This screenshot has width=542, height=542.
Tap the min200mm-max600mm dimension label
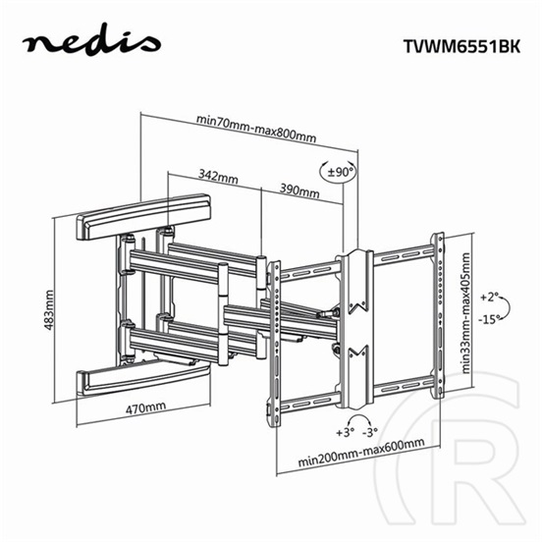pyautogui.click(x=363, y=444)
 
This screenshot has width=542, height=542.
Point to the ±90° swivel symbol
pyautogui.click(x=337, y=173)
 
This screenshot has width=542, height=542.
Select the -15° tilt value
pyautogui.click(x=492, y=320)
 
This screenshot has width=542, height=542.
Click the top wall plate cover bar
pyautogui.click(x=144, y=217)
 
